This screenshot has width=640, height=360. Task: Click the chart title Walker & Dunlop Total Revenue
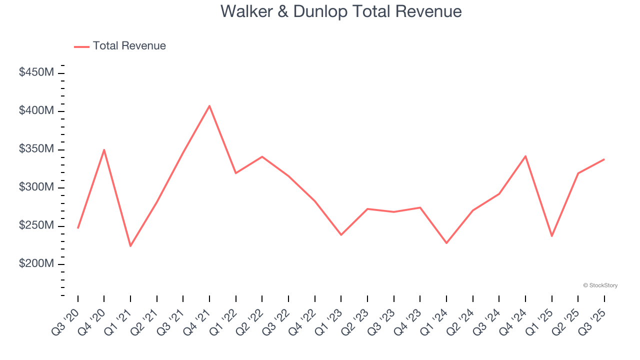click(x=341, y=11)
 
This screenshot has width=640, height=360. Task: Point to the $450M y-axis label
click(x=36, y=72)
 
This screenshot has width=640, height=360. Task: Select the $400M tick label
click(x=36, y=110)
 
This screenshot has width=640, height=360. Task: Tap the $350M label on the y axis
click(x=36, y=149)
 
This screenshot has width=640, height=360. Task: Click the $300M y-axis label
click(x=36, y=187)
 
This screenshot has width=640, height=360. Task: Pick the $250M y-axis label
click(x=36, y=225)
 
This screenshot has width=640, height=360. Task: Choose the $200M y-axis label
click(x=36, y=264)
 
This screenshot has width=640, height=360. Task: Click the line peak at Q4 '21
click(x=209, y=105)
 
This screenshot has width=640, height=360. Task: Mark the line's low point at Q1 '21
click(x=130, y=246)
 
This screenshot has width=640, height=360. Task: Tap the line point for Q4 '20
click(x=104, y=149)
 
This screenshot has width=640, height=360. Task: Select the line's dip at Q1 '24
click(x=446, y=243)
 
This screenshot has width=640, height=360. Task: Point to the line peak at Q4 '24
click(x=525, y=156)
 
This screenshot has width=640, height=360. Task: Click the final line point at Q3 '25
click(x=604, y=159)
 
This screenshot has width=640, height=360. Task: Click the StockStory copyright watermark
click(x=600, y=285)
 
